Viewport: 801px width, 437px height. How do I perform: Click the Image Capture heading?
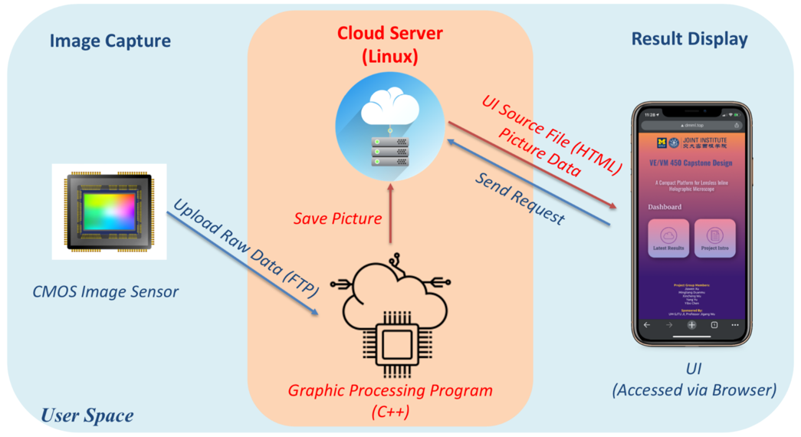tap(110, 41)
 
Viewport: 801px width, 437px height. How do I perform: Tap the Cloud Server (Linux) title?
tap(389, 45)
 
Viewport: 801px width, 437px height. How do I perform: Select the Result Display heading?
tap(689, 39)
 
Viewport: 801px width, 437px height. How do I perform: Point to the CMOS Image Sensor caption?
tap(106, 291)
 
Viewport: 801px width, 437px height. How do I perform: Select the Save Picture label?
tap(337, 219)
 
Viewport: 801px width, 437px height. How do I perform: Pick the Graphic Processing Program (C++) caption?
tap(390, 400)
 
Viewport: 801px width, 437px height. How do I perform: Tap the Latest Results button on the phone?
tap(668, 238)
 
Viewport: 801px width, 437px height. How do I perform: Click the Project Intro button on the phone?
tap(714, 238)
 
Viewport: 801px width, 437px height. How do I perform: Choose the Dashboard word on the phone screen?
tap(665, 207)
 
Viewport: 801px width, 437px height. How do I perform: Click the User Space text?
tap(87, 416)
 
